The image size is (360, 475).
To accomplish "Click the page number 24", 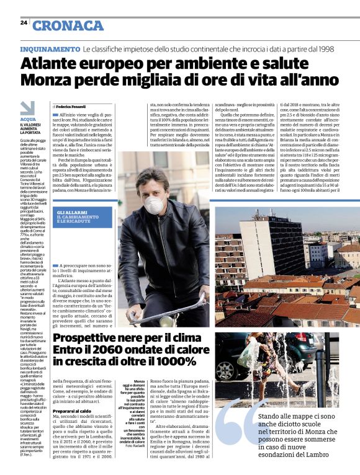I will pos(24,22).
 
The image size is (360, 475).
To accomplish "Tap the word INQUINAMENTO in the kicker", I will pos(50,48).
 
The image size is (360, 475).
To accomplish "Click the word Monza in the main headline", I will pos(48,80).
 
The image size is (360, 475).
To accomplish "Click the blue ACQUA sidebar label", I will pos(28,119).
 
